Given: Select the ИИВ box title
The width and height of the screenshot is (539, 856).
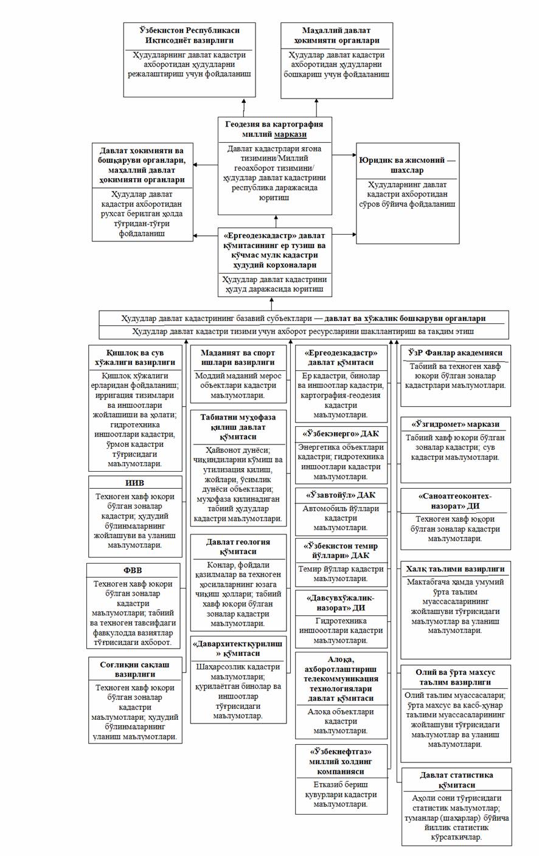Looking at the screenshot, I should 135,483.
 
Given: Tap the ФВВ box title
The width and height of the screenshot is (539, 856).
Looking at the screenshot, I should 134,571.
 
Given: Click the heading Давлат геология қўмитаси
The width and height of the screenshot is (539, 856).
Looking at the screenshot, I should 238,547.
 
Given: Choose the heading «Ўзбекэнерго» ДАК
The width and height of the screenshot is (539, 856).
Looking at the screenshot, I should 341,434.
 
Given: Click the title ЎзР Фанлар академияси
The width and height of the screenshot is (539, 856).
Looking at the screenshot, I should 456,353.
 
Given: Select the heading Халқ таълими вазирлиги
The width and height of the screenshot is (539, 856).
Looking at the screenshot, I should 456,569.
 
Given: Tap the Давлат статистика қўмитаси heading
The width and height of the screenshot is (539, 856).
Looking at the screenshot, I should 456,780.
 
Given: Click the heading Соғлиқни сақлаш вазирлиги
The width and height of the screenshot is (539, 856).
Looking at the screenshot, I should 134,669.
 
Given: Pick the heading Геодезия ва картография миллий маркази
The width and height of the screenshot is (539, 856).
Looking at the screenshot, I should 274,129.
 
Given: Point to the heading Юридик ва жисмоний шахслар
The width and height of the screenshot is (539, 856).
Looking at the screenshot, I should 408,165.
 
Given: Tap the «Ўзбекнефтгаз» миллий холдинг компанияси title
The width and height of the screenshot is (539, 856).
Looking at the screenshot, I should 341,761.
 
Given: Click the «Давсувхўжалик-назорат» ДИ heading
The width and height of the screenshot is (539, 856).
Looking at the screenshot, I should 341,602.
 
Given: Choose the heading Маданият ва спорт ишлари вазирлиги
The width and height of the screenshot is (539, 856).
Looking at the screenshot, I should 238,357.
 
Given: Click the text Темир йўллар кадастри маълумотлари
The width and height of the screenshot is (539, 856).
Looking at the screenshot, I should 341,575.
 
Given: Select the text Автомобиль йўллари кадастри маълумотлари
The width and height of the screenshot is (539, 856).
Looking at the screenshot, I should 341,518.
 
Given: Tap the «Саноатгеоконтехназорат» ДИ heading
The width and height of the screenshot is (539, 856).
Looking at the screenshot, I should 456,501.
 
